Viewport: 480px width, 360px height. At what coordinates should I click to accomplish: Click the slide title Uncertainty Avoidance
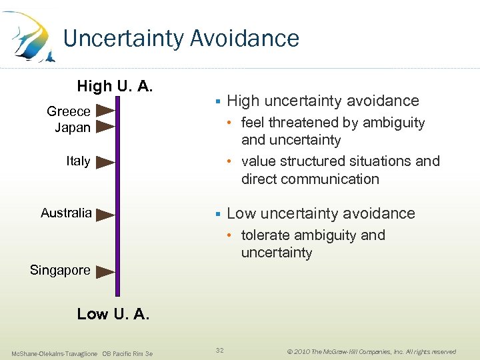[x=181, y=39]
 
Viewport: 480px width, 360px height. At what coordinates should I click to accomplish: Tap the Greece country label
[x=69, y=111]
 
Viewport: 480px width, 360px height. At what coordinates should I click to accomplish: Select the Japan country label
[x=73, y=127]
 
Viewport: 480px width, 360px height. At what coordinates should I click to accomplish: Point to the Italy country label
[x=78, y=161]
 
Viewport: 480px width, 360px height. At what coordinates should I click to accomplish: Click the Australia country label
[x=66, y=213]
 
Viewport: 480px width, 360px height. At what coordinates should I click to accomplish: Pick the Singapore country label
[x=60, y=271]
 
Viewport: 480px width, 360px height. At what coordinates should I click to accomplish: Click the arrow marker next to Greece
[x=105, y=111]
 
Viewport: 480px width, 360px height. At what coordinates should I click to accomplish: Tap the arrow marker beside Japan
[x=105, y=127]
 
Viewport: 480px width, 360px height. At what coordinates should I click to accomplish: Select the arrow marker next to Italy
[x=105, y=161]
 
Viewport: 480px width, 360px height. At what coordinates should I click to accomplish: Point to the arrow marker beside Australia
[x=105, y=214]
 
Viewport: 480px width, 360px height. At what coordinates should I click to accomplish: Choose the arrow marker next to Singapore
[x=105, y=271]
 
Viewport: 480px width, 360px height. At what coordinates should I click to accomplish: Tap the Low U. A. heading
[x=113, y=314]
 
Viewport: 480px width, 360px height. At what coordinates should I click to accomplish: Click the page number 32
[x=220, y=349]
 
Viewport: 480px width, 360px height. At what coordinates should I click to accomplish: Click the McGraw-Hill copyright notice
[x=371, y=351]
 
